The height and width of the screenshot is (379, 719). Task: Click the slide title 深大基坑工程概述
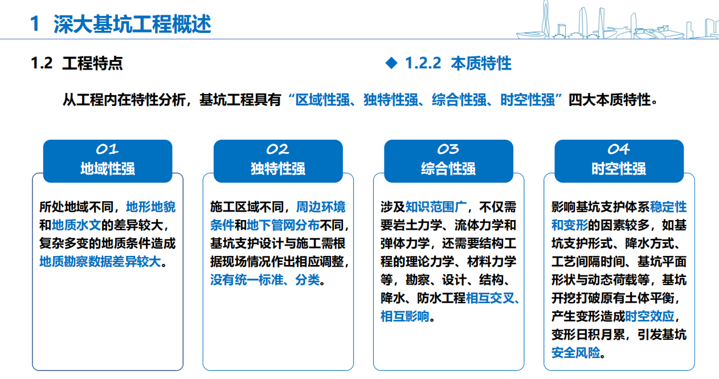coord(132,24)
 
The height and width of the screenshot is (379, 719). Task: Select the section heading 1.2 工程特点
coord(77,63)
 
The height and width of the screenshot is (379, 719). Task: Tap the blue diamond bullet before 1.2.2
coord(391,63)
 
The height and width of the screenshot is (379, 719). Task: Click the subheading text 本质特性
coord(481,63)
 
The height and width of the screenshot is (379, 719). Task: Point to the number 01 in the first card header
coord(108,149)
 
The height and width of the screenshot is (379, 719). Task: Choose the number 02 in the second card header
coord(278,149)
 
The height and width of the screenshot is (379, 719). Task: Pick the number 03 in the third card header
coord(448,149)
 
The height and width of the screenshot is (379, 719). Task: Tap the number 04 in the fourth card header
coord(619,149)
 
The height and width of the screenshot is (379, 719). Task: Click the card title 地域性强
coord(108,169)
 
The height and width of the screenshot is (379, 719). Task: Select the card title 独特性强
coord(278,169)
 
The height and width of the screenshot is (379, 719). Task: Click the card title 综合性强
coord(448,169)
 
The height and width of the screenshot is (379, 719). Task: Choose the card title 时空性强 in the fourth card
coord(619,169)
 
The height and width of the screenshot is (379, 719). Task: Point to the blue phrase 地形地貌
coord(151,207)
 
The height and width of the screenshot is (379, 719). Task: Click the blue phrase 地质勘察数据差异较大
coord(100,262)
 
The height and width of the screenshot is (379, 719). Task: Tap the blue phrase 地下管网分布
coord(283,225)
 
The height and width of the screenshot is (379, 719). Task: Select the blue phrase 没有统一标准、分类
coord(265,280)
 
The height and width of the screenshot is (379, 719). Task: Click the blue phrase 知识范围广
coord(436,207)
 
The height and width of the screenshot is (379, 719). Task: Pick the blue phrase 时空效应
coord(649,317)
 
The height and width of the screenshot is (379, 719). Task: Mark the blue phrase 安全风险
coord(576,353)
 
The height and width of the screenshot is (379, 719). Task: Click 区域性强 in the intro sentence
coord(322,100)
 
